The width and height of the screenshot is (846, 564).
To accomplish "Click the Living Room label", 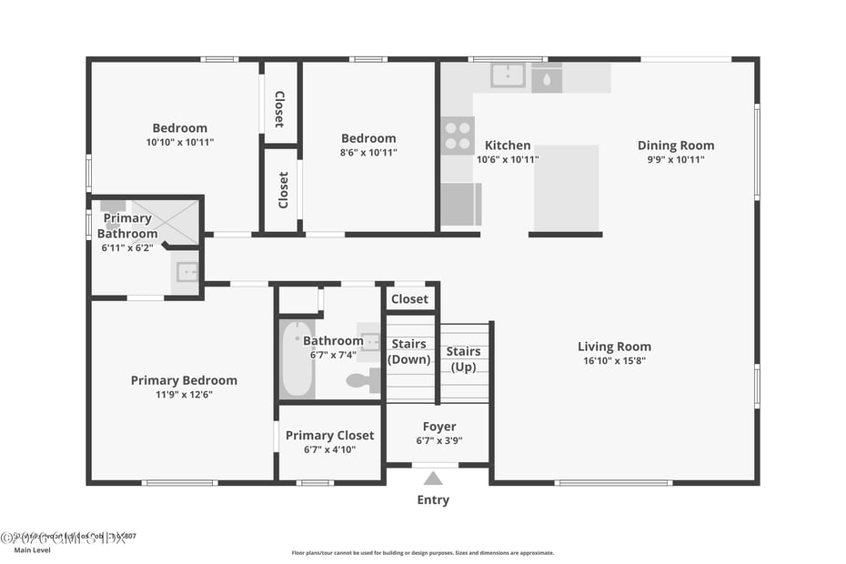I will point(614,347).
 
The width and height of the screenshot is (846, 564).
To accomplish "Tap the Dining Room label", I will point(675,146).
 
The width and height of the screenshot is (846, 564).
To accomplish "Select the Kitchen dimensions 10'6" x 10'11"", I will point(508,160).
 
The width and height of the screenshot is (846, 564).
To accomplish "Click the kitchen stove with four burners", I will point(458,136).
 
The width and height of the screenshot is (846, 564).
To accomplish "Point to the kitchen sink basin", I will point(508,76).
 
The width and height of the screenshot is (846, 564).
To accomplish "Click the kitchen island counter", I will point(566,188).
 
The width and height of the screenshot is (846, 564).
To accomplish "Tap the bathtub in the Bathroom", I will point(297,358).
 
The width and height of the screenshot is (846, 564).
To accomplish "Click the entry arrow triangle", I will point(434,478).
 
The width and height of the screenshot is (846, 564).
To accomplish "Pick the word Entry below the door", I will point(433,500).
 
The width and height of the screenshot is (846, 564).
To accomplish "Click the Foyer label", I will point(439,427).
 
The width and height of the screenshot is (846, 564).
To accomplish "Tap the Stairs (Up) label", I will point(463,359).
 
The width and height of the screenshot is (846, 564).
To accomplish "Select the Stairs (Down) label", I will point(409,352).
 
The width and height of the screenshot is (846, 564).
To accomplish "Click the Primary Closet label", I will point(329,436).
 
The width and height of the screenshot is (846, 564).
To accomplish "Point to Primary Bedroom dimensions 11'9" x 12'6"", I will point(184,395).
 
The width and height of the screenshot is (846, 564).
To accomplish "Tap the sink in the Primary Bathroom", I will point(186,271).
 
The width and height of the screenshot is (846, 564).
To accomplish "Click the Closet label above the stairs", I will point(409,299).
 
